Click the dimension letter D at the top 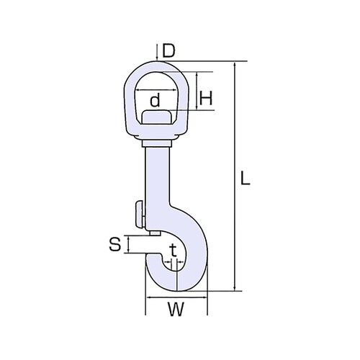click(x=168, y=50)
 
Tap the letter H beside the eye click(x=205, y=98)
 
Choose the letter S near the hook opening click(x=114, y=245)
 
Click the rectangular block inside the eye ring click(x=156, y=117)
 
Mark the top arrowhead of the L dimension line click(x=235, y=66)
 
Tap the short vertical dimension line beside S click(x=128, y=245)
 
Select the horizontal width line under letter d click(x=156, y=109)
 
